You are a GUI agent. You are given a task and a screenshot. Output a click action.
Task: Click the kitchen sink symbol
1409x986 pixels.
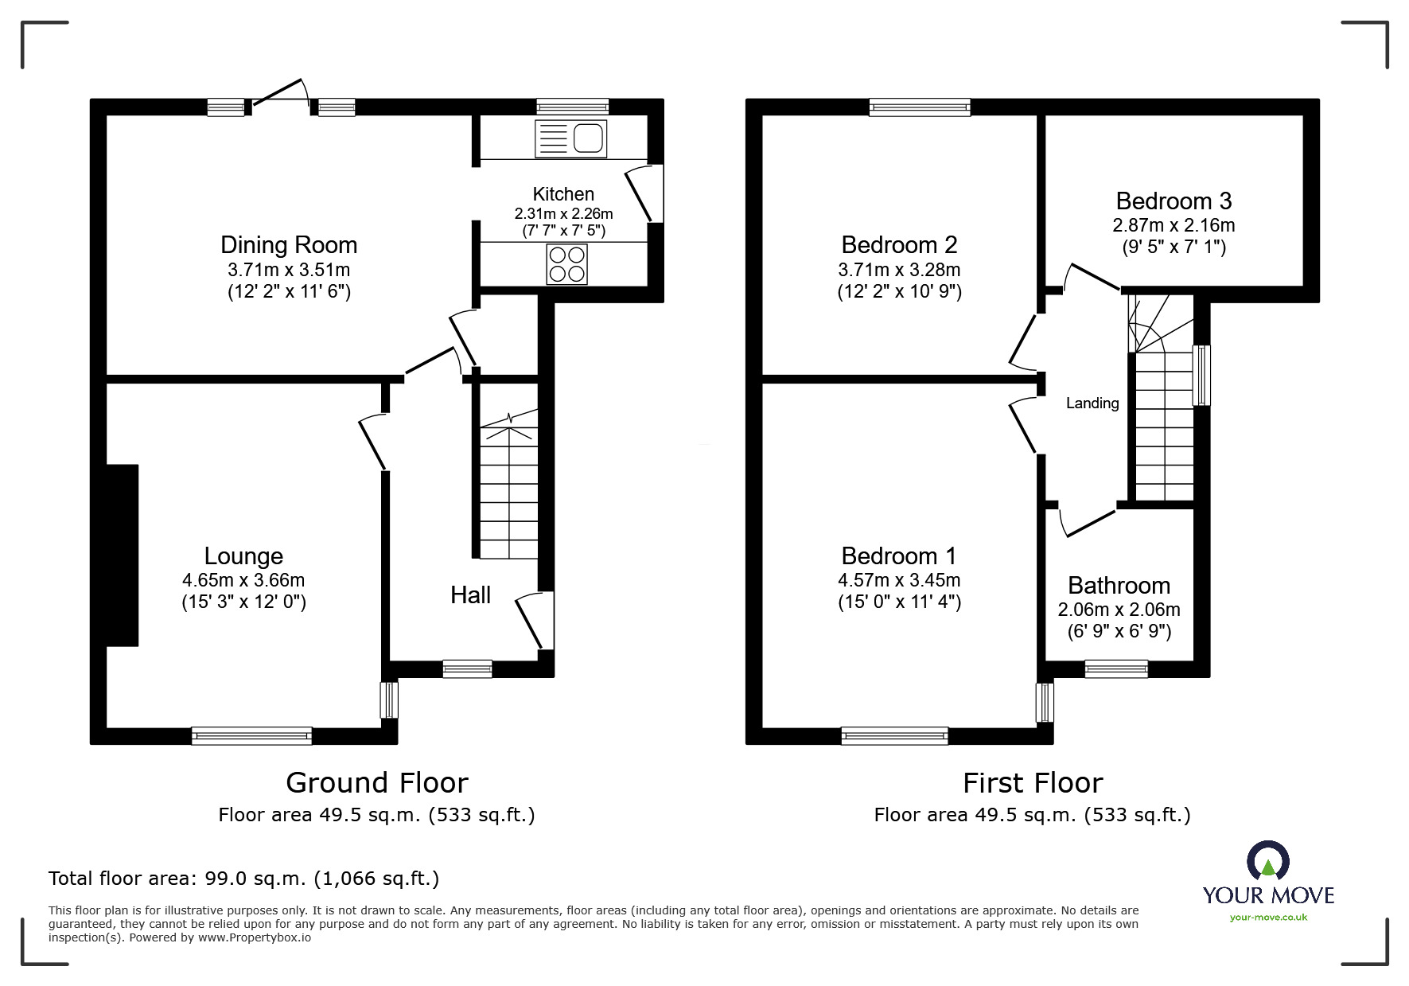click(571, 139)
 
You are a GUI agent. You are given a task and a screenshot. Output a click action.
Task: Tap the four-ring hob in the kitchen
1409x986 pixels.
click(566, 264)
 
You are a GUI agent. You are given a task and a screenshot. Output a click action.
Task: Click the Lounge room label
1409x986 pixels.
click(243, 555)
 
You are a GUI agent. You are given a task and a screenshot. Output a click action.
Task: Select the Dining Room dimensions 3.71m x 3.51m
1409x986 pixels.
click(288, 270)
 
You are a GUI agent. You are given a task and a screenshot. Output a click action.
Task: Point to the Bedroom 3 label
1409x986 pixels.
click(1174, 201)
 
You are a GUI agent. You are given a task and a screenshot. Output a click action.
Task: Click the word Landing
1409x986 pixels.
click(1092, 403)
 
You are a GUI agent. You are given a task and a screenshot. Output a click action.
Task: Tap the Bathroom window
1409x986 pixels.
click(1115, 669)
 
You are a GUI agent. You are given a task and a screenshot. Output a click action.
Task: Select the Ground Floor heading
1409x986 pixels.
click(376, 783)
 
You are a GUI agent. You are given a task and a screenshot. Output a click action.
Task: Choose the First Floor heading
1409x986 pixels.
click(1032, 783)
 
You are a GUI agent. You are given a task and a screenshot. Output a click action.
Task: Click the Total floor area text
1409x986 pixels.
click(243, 879)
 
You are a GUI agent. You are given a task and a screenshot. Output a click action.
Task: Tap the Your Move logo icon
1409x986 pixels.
click(1267, 862)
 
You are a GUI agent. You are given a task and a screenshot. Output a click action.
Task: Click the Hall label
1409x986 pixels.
click(470, 595)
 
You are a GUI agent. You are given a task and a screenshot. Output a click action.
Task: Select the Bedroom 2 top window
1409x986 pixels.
click(919, 107)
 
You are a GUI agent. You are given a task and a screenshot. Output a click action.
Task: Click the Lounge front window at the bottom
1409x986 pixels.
click(251, 736)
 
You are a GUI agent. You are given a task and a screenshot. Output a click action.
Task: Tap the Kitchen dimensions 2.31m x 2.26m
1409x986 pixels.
click(563, 214)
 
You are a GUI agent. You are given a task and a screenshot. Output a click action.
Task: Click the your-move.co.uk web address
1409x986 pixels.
click(1268, 918)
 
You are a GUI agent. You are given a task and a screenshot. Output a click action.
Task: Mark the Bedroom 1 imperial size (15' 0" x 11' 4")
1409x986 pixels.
click(899, 602)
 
